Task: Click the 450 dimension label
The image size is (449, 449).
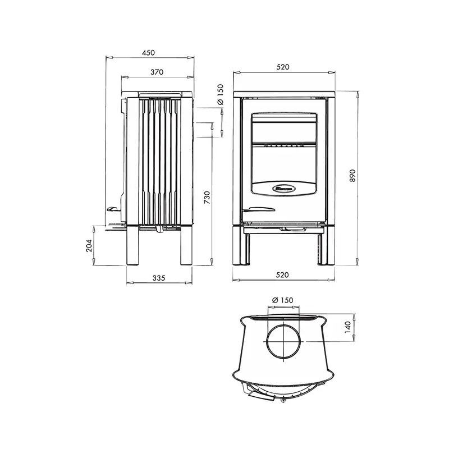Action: (x=148, y=52)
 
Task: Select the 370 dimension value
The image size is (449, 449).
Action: (x=157, y=72)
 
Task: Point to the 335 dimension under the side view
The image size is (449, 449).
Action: (x=159, y=278)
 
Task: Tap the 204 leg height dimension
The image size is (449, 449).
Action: (x=89, y=245)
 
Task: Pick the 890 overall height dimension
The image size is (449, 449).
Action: (x=352, y=176)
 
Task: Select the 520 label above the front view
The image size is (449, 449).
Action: (x=282, y=67)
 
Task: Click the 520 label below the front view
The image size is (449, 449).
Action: (x=282, y=275)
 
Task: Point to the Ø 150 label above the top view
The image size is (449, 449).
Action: (x=282, y=300)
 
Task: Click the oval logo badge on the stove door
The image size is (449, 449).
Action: (x=283, y=189)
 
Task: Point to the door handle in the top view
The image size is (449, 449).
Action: (x=256, y=394)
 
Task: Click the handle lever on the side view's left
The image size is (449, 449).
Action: (x=112, y=209)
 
